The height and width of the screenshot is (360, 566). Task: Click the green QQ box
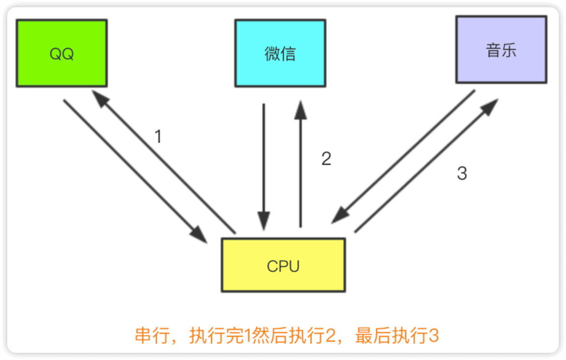(x=61, y=53)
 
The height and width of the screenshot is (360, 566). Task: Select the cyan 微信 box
(x=280, y=53)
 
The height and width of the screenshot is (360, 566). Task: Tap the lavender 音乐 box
(x=501, y=50)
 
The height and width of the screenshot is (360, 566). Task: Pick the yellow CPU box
(x=283, y=265)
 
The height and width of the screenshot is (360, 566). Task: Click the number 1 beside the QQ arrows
(x=158, y=137)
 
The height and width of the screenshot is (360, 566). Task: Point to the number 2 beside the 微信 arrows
(x=326, y=159)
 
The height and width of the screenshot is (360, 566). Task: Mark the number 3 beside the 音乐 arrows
(x=462, y=173)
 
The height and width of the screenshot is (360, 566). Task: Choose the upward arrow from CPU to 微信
(x=301, y=164)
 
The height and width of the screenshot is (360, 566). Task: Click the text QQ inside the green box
(x=61, y=54)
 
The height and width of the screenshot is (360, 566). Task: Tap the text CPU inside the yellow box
(x=283, y=266)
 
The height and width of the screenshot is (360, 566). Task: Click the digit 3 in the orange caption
(x=433, y=336)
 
